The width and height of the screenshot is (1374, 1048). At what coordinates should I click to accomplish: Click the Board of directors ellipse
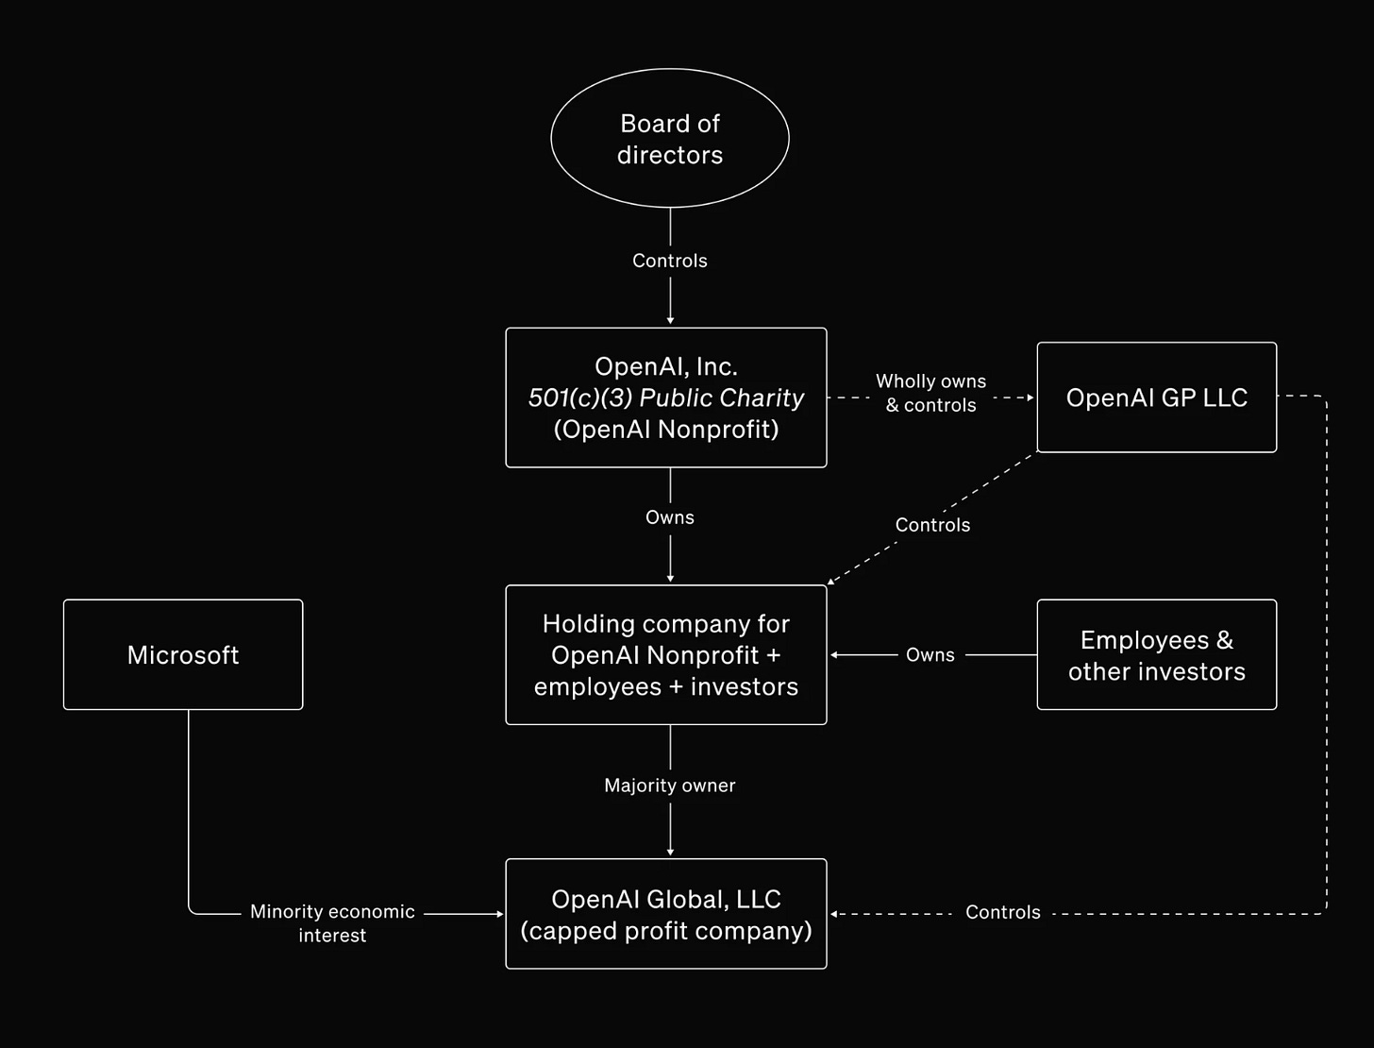tap(669, 139)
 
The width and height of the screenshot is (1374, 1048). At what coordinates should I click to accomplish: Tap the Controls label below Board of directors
tap(669, 261)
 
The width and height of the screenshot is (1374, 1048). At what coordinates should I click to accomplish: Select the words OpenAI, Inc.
tap(665, 366)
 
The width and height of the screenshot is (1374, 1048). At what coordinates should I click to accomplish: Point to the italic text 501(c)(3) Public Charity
tap(665, 397)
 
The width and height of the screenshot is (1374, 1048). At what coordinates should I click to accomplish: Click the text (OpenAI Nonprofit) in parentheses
tap(665, 430)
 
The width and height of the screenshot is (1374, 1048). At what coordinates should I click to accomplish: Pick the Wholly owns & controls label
tap(930, 393)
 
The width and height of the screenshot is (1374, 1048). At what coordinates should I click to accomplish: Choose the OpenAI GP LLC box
tap(1156, 397)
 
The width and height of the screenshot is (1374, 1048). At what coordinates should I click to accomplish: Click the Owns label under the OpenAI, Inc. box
tap(669, 517)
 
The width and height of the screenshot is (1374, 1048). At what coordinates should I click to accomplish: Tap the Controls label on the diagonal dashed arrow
tap(932, 525)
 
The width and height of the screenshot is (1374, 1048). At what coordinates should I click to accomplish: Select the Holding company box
tap(665, 655)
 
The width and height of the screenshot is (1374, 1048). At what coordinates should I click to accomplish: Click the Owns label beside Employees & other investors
tap(930, 655)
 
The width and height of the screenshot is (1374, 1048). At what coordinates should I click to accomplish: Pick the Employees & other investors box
tap(1156, 655)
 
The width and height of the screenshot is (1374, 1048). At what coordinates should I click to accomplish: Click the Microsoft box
tap(183, 655)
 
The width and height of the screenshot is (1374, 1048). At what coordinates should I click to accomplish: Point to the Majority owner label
tap(669, 786)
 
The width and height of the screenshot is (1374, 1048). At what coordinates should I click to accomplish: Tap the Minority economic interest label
tap(332, 923)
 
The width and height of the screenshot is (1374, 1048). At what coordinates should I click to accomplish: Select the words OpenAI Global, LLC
tap(665, 899)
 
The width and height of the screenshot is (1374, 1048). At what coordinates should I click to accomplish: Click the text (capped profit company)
tap(665, 931)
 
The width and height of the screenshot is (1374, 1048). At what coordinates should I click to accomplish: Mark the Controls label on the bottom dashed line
tap(1002, 913)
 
